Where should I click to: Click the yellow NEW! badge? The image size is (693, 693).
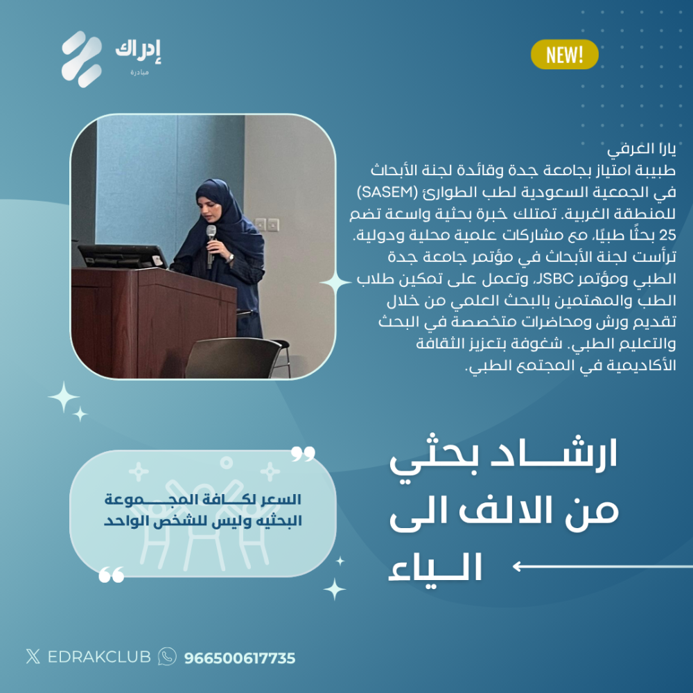[564, 55]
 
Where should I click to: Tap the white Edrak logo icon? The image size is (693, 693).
[82, 59]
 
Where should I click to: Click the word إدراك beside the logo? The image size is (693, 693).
[138, 51]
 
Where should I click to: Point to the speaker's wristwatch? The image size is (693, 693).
[230, 257]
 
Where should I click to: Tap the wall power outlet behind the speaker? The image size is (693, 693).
[267, 225]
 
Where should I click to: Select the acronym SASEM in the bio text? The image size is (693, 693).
[387, 192]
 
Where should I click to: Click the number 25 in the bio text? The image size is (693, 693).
[667, 235]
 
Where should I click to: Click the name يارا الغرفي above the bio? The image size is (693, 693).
[641, 150]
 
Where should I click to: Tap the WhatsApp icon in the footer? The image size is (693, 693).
[167, 656]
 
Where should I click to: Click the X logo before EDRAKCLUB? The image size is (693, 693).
[33, 656]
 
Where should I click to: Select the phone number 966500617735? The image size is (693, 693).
[240, 658]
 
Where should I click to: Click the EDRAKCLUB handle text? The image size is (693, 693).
[99, 657]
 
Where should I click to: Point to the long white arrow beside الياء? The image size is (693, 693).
[602, 566]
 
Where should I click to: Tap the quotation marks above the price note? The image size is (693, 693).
[303, 453]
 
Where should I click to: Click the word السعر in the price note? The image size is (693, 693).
[281, 500]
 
